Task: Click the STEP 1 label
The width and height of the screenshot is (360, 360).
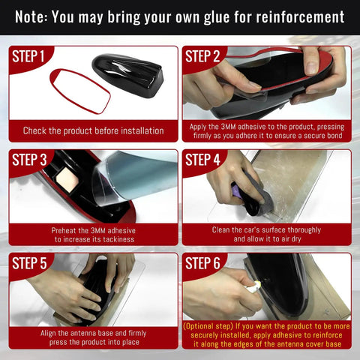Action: pyautogui.click(x=28, y=56)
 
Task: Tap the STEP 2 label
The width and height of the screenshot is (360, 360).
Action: pyautogui.click(x=202, y=56)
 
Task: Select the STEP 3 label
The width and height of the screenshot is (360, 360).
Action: pyautogui.click(x=29, y=160)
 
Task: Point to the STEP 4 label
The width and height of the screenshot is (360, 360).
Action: pyautogui.click(x=202, y=160)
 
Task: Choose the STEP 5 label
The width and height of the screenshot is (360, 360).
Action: pyautogui.click(x=29, y=263)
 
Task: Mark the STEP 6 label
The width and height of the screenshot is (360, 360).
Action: pyautogui.click(x=202, y=263)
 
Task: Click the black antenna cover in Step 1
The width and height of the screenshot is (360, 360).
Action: pyautogui.click(x=128, y=74)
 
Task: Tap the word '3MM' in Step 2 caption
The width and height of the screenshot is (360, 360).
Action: pyautogui.click(x=228, y=127)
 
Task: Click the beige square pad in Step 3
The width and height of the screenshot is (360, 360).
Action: pyautogui.click(x=67, y=179)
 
